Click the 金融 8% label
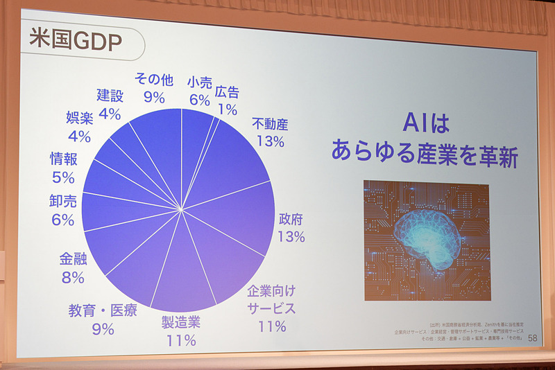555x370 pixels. pyautogui.click(x=73, y=269)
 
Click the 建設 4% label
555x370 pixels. pyautogui.click(x=110, y=103)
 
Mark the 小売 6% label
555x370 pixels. pyautogui.click(x=199, y=91)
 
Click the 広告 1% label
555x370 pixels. pyautogui.click(x=227, y=100)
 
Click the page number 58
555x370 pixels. pyautogui.click(x=532, y=337)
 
